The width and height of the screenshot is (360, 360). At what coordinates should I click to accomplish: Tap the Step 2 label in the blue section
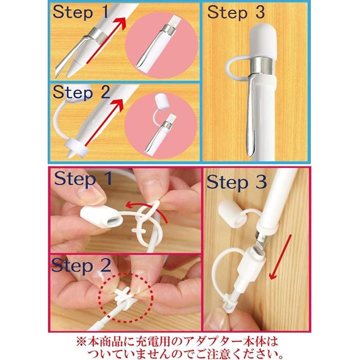click(x=81, y=92)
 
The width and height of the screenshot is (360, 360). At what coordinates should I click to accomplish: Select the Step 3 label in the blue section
click(x=236, y=12)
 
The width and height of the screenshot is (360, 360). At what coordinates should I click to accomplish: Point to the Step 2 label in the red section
click(x=81, y=265)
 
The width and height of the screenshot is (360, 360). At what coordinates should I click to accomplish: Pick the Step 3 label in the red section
click(x=236, y=182)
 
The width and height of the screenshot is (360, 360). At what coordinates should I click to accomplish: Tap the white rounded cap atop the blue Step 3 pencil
click(x=263, y=41)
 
